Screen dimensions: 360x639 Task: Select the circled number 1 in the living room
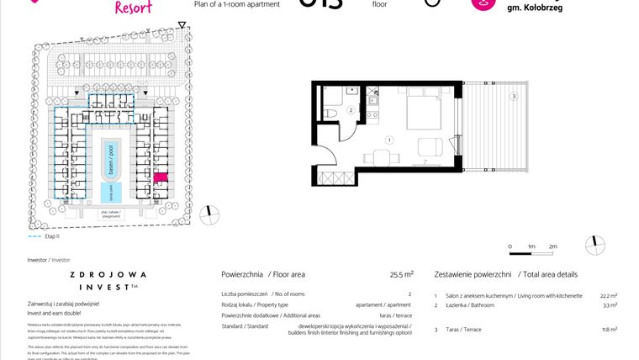pyautogui.click(x=388, y=140)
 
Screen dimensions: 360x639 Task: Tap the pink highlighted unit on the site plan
pyautogui.click(x=161, y=178)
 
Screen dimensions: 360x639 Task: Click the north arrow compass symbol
pyautogui.click(x=598, y=244)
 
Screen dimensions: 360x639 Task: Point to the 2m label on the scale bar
pyautogui.click(x=552, y=246)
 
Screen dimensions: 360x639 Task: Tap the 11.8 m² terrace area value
pyautogui.click(x=610, y=330)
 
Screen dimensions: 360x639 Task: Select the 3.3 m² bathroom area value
pyautogui.click(x=610, y=306)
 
